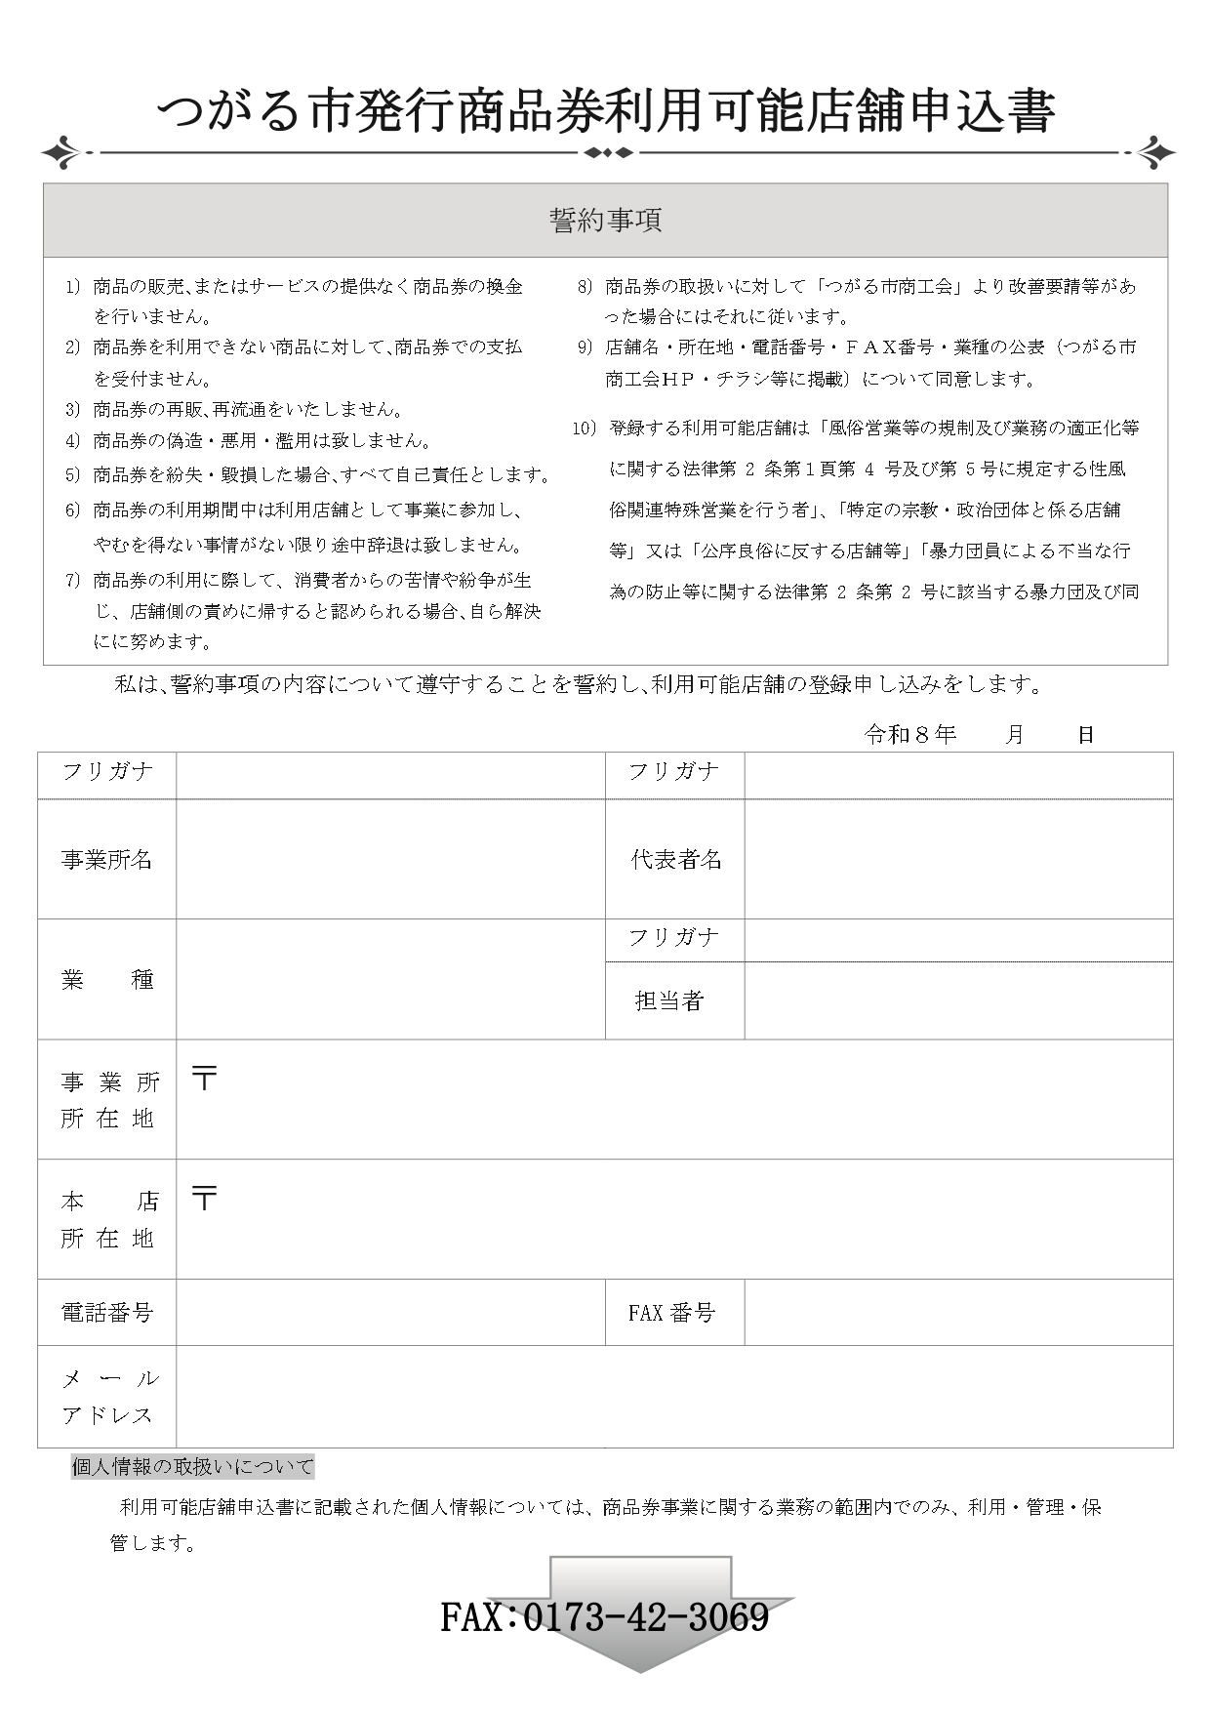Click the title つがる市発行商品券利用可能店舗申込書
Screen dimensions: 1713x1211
(x=605, y=111)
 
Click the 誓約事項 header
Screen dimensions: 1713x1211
(x=605, y=221)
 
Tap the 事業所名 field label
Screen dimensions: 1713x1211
(x=106, y=860)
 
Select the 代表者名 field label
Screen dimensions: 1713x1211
(x=675, y=860)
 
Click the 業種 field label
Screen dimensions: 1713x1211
(x=106, y=980)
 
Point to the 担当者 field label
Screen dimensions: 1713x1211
(x=669, y=1000)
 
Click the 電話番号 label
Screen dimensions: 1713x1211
(x=106, y=1313)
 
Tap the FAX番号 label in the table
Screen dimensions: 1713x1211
(x=671, y=1313)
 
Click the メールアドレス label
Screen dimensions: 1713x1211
(x=108, y=1397)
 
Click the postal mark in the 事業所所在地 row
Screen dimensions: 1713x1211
(x=204, y=1079)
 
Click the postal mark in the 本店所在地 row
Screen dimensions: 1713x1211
(x=204, y=1199)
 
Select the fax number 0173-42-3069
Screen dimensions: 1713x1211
(x=605, y=1617)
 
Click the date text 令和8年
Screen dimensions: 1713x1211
(x=909, y=735)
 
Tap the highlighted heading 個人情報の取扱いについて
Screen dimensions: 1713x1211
(x=193, y=1466)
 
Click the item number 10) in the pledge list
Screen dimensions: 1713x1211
(x=584, y=428)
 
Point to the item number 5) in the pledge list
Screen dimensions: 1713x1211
(x=72, y=475)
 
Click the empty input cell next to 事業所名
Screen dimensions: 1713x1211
(x=390, y=859)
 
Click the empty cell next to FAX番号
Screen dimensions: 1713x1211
(x=958, y=1313)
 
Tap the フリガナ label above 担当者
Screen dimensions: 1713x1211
(x=673, y=939)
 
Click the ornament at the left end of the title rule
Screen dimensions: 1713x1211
(x=64, y=153)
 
